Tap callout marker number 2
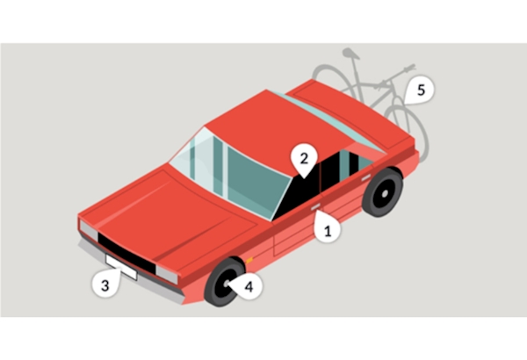point(304,159)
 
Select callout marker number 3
point(105,284)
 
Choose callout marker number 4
point(247,287)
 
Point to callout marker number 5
point(420,90)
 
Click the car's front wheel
point(224,282)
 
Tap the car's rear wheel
point(383,192)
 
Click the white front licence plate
point(121,267)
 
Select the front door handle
point(316,207)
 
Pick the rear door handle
point(365,177)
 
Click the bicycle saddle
point(350,54)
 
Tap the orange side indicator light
point(249,260)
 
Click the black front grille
point(126,252)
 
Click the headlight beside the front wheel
point(167,274)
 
